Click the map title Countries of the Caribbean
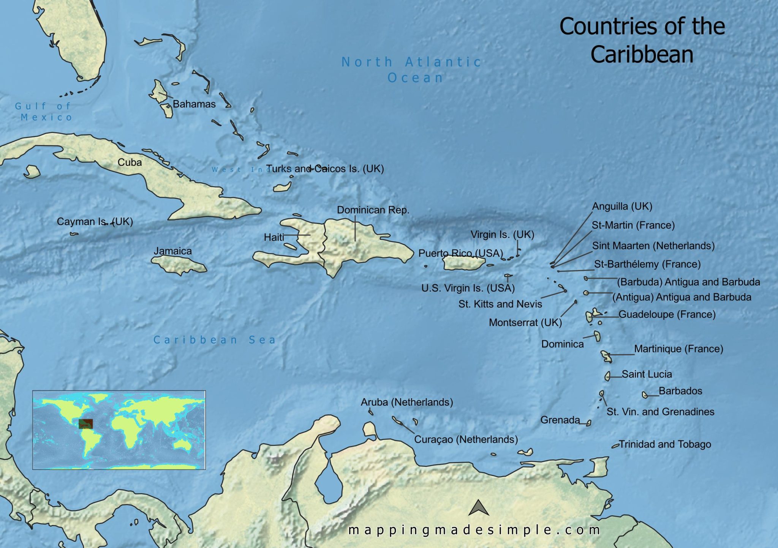click(x=642, y=40)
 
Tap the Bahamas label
click(x=194, y=104)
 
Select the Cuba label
click(x=130, y=162)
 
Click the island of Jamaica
click(x=179, y=264)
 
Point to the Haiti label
click(x=274, y=238)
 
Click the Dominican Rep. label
click(x=373, y=210)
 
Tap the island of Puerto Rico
click(x=463, y=263)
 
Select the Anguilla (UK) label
click(x=622, y=206)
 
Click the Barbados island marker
click(x=645, y=395)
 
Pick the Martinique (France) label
click(x=678, y=349)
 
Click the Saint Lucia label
click(x=647, y=374)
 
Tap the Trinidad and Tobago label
click(x=665, y=444)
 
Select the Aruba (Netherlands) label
click(x=407, y=402)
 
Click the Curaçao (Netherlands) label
click(x=466, y=439)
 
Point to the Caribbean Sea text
click(x=215, y=340)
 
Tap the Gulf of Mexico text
click(x=43, y=112)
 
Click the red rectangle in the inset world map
click(x=85, y=424)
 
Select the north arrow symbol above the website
click(x=478, y=508)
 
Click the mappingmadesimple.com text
click(x=474, y=530)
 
